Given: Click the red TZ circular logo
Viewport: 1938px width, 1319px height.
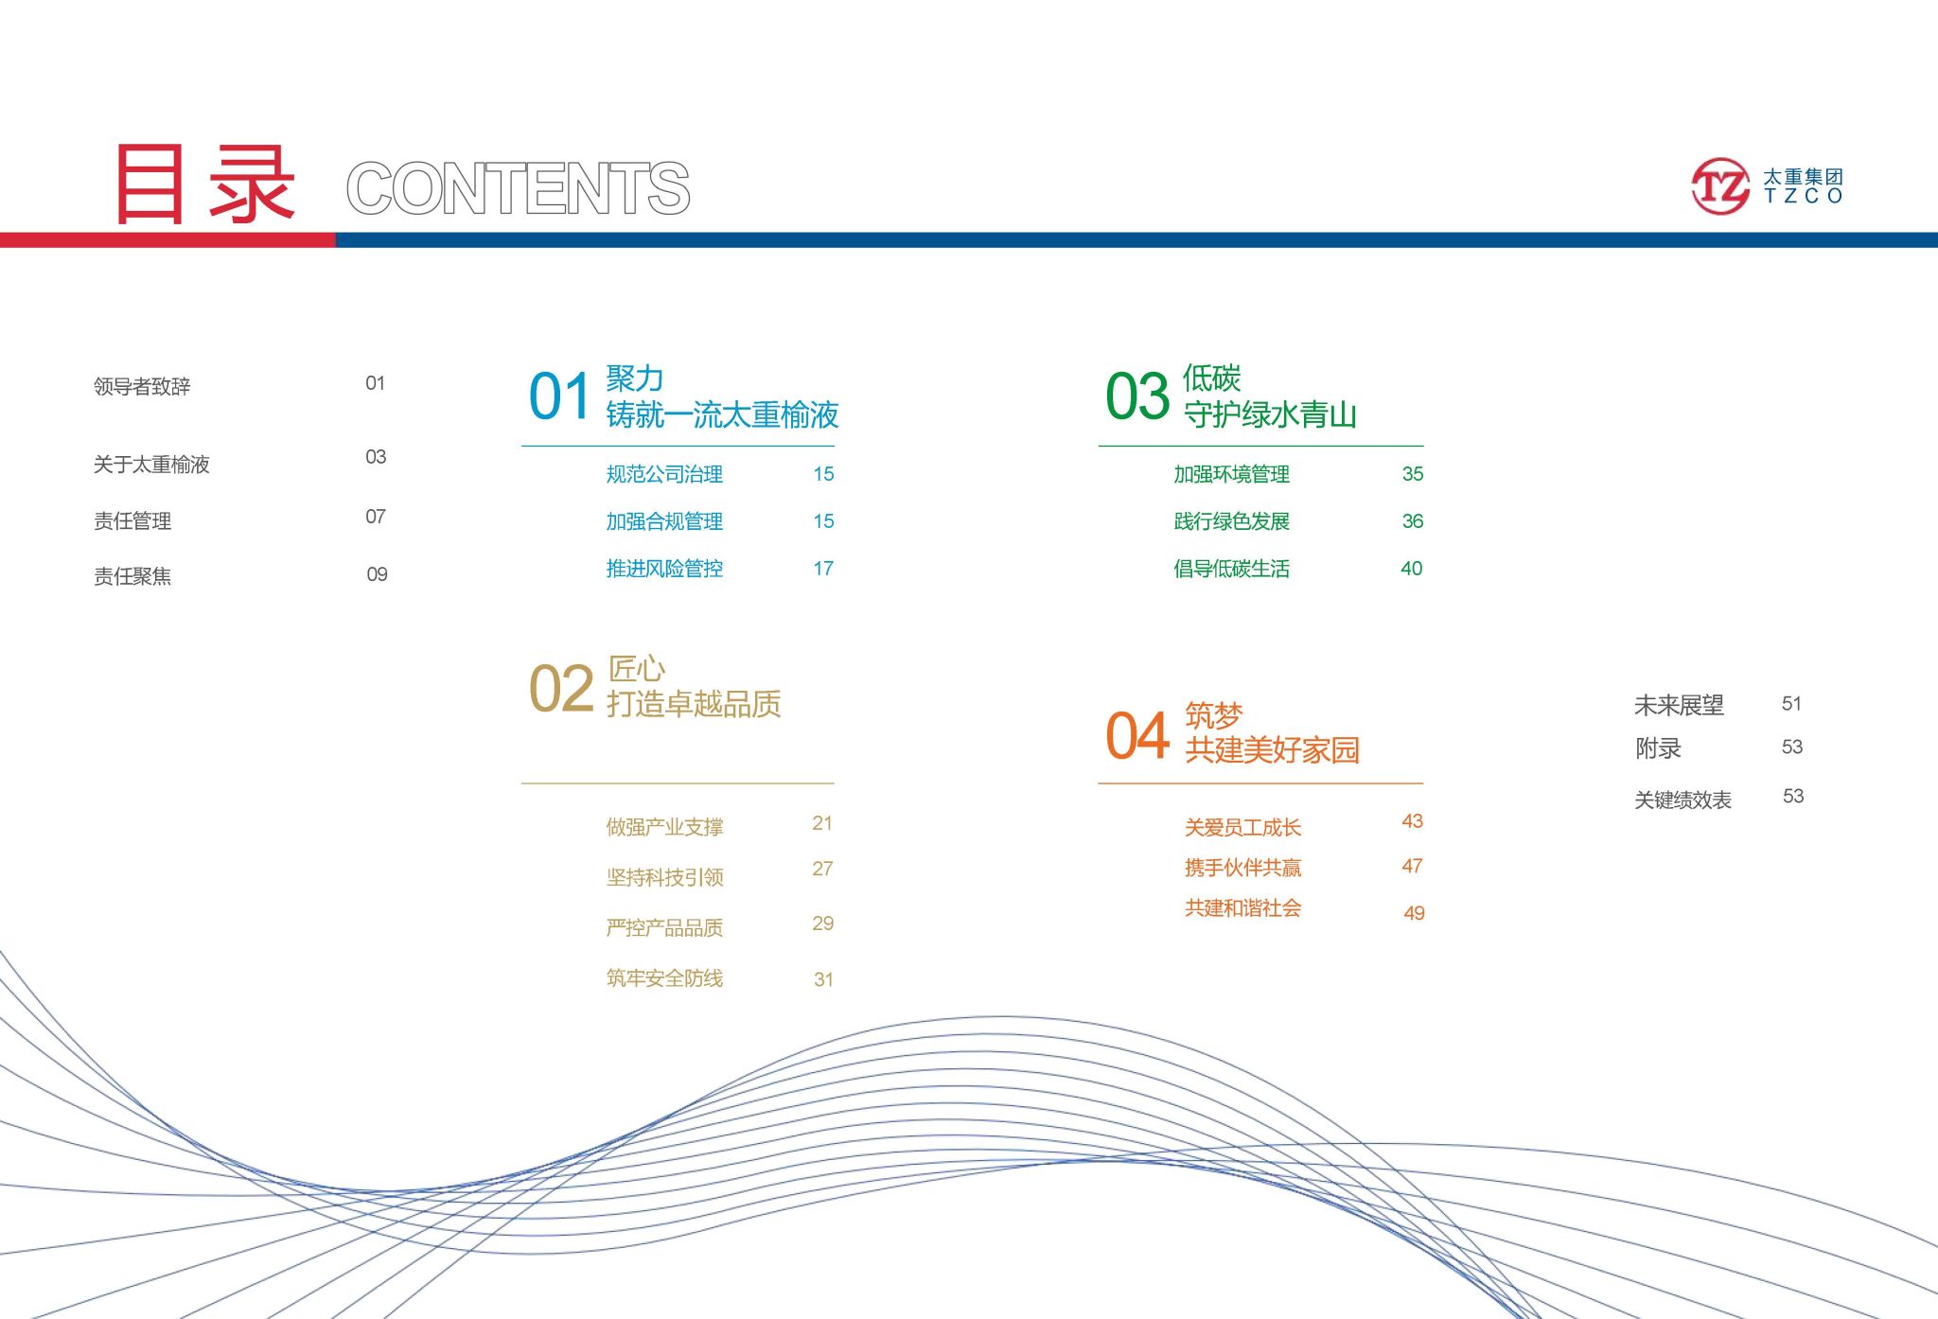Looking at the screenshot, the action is tap(1720, 185).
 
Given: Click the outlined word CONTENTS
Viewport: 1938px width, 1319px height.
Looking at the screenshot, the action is tap(519, 188).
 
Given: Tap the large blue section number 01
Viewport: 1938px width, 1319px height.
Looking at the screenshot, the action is tap(559, 396).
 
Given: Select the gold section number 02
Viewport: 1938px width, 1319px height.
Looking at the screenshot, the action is tap(561, 688).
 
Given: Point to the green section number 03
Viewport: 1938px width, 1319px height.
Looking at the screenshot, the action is tap(1137, 396).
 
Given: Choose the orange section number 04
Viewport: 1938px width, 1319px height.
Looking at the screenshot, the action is tap(1137, 736).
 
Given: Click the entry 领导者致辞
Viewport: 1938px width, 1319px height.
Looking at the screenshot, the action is tap(142, 386).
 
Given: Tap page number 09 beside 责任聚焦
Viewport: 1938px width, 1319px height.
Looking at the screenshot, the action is tap(377, 574).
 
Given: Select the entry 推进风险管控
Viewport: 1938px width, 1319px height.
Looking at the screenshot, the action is tap(664, 569).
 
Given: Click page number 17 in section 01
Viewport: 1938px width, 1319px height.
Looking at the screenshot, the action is tap(823, 569).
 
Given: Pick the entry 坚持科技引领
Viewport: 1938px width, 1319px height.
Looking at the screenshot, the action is tap(664, 877).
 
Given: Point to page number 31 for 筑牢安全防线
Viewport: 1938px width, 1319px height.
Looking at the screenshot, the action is tap(823, 979).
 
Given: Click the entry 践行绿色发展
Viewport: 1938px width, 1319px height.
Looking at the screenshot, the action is tap(1231, 521).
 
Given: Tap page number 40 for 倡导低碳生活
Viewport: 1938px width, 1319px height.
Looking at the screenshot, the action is tap(1411, 569).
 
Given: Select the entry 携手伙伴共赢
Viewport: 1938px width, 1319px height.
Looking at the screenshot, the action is tap(1242, 868).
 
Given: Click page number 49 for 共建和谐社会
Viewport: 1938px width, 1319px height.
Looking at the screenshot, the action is tap(1414, 913).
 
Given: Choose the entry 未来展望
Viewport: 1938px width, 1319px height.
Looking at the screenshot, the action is tap(1679, 705).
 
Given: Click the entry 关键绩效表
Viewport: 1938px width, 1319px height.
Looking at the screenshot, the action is tap(1683, 800).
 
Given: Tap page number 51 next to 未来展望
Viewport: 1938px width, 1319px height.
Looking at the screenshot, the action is tap(1791, 703).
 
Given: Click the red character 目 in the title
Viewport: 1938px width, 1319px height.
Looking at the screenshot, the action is tap(150, 185).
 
